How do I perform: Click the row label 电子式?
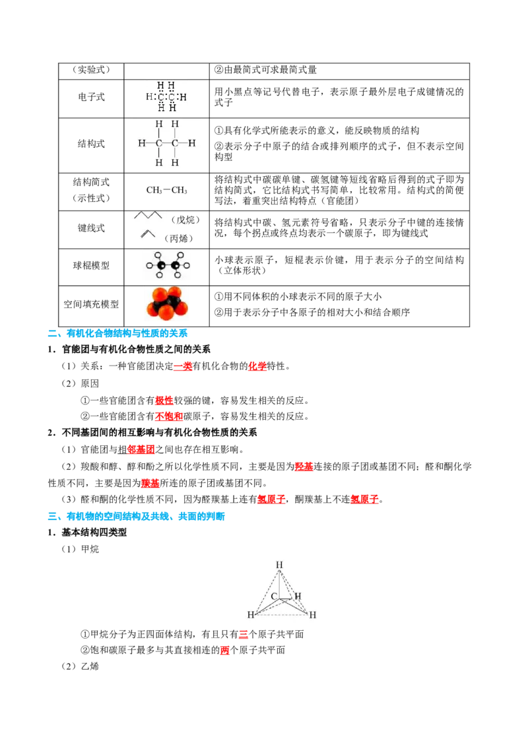coord(91,97)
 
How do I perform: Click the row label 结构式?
coord(91,144)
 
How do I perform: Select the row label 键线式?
coord(91,228)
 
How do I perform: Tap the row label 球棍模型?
coord(91,266)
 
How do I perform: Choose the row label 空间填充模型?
coord(91,304)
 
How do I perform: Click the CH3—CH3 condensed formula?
coord(166,191)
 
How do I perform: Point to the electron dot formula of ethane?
coord(166,97)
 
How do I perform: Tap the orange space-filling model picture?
coord(167,304)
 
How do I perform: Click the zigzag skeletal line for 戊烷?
coord(148,215)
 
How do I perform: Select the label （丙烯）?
coord(179,239)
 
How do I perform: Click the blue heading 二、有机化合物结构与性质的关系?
coord(117,333)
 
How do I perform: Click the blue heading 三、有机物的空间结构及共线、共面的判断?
coord(136,517)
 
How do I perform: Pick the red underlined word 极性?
coord(164,401)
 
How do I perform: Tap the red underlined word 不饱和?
coord(169,416)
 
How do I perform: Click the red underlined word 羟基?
coord(304,467)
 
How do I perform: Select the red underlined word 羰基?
coord(150,484)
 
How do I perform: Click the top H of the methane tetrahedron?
coord(279,565)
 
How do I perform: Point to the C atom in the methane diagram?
coord(274,596)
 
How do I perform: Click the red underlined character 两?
coord(225,650)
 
